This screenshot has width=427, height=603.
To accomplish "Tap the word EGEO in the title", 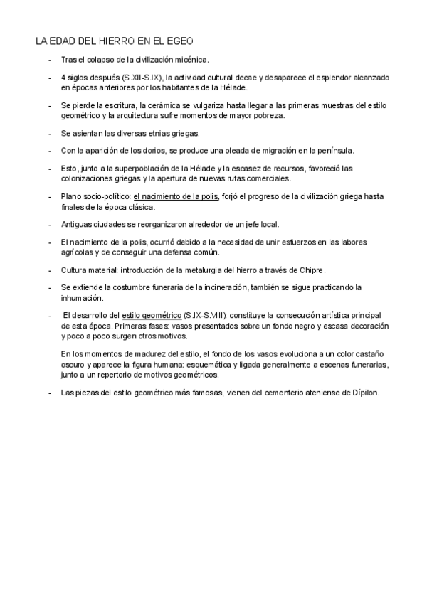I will tap(177, 42).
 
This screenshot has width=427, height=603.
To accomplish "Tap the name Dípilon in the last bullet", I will tap(362, 392).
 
